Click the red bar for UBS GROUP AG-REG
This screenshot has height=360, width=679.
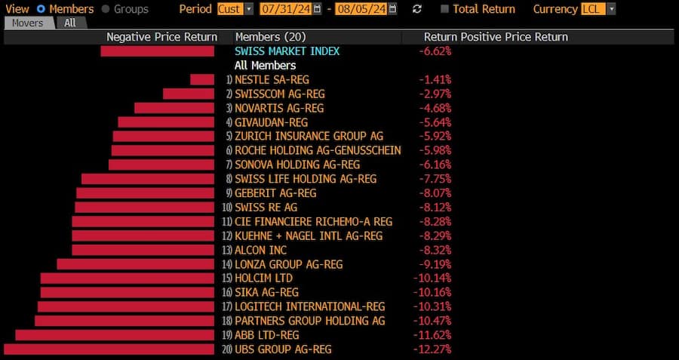coord(109,349)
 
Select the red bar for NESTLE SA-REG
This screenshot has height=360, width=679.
coord(202,79)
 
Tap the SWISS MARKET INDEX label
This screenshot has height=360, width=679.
coord(287,51)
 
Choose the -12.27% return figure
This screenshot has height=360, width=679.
coord(432,349)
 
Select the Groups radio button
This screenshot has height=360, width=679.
coord(106,9)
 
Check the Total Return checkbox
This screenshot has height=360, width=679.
coord(444,9)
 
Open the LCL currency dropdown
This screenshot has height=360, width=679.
coord(598,9)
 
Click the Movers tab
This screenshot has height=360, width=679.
coord(29,23)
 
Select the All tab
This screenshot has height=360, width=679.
coord(70,23)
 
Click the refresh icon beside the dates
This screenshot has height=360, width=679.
coord(417,9)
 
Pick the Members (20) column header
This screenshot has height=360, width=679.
coord(270,36)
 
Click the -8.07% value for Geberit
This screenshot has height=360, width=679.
coord(435,193)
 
